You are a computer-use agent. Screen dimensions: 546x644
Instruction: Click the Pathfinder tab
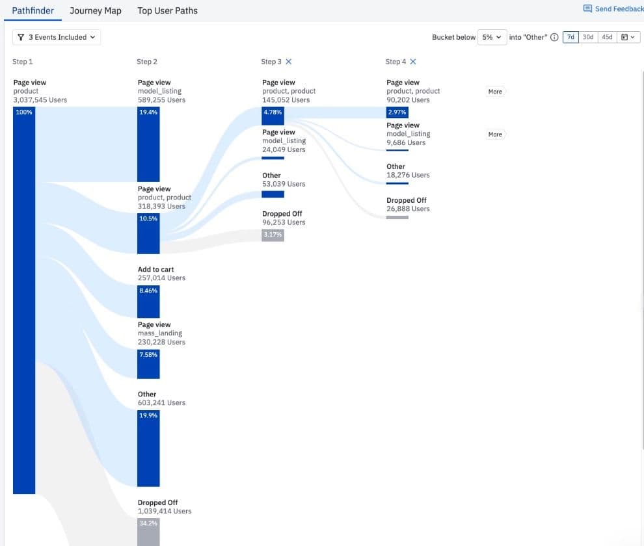pos(33,10)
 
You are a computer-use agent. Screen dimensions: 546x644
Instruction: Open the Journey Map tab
pos(96,10)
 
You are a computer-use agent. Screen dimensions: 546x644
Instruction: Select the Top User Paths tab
pos(167,10)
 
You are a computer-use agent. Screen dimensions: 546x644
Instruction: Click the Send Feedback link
pos(613,8)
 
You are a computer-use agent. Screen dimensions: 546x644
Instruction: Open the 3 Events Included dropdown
pos(57,37)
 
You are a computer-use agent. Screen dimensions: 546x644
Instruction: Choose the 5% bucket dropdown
pos(491,37)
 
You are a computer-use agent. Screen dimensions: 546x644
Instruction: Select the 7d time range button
pos(570,37)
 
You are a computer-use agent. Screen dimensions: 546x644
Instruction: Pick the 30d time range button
pos(588,37)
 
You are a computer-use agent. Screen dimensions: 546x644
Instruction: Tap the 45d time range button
pos(607,37)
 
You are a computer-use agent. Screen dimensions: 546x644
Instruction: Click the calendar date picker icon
pos(628,37)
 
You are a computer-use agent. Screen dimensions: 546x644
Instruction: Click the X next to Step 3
pos(289,62)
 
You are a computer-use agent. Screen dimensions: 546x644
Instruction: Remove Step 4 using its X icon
pos(413,62)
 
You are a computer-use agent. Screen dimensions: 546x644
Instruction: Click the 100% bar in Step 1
pos(24,299)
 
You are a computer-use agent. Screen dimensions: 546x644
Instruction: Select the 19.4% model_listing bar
pos(148,144)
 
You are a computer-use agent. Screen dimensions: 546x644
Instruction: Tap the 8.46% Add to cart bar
pos(148,302)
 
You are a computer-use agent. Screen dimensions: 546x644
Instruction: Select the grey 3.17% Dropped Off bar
pos(273,235)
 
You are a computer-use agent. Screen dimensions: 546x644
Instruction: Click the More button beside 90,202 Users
pos(495,92)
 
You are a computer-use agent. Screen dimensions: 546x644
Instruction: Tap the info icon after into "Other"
pos(554,37)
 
